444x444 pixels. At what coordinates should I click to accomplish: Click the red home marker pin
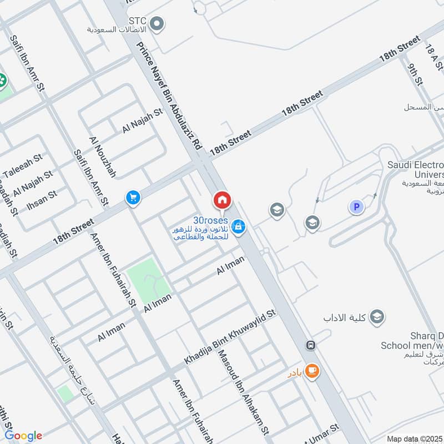(x=222, y=200)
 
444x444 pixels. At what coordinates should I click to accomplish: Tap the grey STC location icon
(x=158, y=23)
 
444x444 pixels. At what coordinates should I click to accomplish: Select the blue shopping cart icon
(x=133, y=197)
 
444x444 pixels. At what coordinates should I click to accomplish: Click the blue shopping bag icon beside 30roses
(x=239, y=226)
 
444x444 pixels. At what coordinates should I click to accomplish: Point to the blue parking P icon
(x=356, y=207)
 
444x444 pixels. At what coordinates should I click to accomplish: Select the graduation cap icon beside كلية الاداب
(x=377, y=317)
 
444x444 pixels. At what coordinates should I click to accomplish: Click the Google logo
(x=23, y=436)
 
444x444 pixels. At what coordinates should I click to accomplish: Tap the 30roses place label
(x=210, y=220)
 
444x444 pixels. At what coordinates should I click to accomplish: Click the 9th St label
(x=415, y=77)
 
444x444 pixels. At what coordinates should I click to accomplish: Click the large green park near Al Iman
(x=148, y=284)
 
